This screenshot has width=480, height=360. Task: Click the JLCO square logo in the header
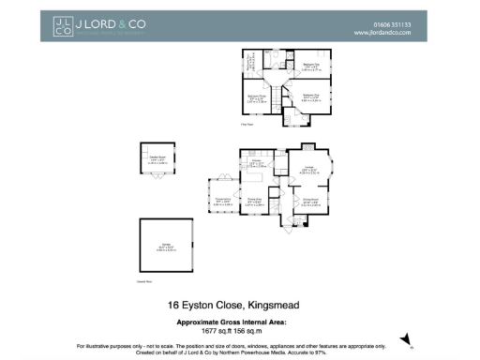(x=62, y=26)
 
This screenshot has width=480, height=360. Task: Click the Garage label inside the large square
(x=165, y=247)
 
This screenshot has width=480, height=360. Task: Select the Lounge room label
(x=307, y=170)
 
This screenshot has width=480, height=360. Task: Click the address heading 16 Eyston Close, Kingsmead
(x=239, y=305)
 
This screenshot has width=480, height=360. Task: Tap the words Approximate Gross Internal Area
(x=239, y=322)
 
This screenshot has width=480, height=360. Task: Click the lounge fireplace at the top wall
(x=308, y=147)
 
